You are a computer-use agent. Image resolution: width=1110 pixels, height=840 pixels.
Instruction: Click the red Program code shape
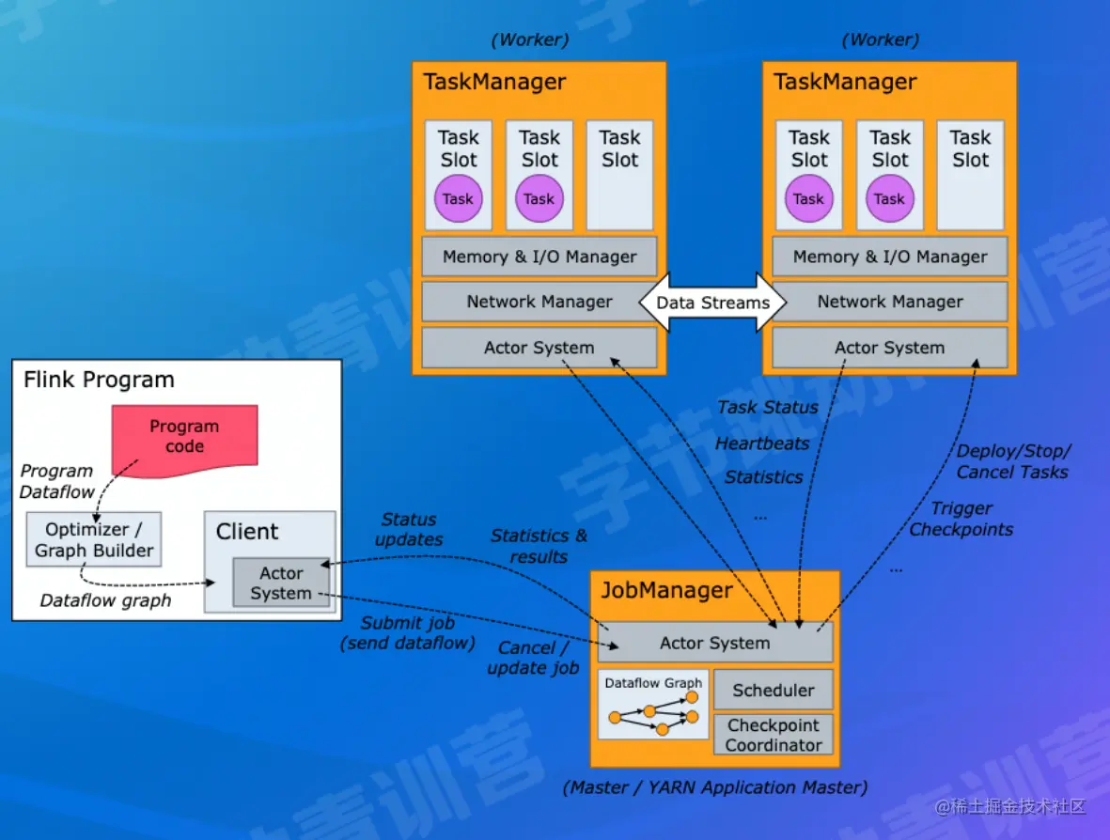coord(184,437)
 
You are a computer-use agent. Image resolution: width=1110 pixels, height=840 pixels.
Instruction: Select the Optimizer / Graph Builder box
coord(94,539)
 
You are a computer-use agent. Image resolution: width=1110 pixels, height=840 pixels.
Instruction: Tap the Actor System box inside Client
coord(281,583)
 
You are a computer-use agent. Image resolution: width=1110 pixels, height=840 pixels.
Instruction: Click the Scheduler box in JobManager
coord(773,690)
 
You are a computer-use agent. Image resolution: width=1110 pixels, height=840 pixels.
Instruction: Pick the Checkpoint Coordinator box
coord(773,735)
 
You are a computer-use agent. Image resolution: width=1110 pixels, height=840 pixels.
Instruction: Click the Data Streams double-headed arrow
coord(711,303)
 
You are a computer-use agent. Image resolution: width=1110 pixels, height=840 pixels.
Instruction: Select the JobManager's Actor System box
coord(714,643)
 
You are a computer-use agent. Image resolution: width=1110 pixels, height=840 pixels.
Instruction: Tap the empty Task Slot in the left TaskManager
coord(619,176)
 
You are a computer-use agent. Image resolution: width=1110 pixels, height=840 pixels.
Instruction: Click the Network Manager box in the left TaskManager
coord(539,302)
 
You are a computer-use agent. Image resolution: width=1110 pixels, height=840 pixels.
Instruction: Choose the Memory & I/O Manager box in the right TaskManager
coord(889,257)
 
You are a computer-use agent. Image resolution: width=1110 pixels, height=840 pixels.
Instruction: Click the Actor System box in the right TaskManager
coord(889,348)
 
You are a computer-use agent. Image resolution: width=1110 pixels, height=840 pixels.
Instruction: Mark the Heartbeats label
coord(761,443)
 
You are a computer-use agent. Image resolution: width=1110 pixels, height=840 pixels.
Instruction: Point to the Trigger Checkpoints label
coord(961,519)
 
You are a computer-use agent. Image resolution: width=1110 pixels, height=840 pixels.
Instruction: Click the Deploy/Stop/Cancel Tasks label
coord(1012,461)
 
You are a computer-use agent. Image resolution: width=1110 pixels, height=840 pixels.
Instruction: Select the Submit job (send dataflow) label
coord(408,632)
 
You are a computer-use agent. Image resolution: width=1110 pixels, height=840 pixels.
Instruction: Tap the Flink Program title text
coord(99,381)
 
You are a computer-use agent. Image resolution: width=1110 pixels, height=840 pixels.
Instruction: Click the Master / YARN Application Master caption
coord(714,787)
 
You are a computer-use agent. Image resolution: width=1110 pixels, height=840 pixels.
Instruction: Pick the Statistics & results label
coord(539,546)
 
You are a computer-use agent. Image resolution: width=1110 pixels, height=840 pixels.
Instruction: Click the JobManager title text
coord(666,591)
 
